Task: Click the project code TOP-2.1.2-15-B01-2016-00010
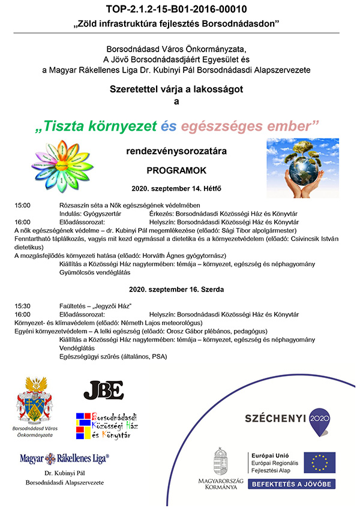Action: (176, 9)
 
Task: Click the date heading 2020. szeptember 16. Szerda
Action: (176, 289)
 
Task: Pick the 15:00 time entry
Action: (23, 205)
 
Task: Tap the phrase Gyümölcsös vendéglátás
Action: (95, 272)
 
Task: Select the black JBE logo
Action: (103, 390)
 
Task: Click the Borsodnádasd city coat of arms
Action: (34, 399)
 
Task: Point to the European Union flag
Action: (320, 462)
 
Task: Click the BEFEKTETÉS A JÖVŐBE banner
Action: (292, 484)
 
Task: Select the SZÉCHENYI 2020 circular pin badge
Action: (321, 418)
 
